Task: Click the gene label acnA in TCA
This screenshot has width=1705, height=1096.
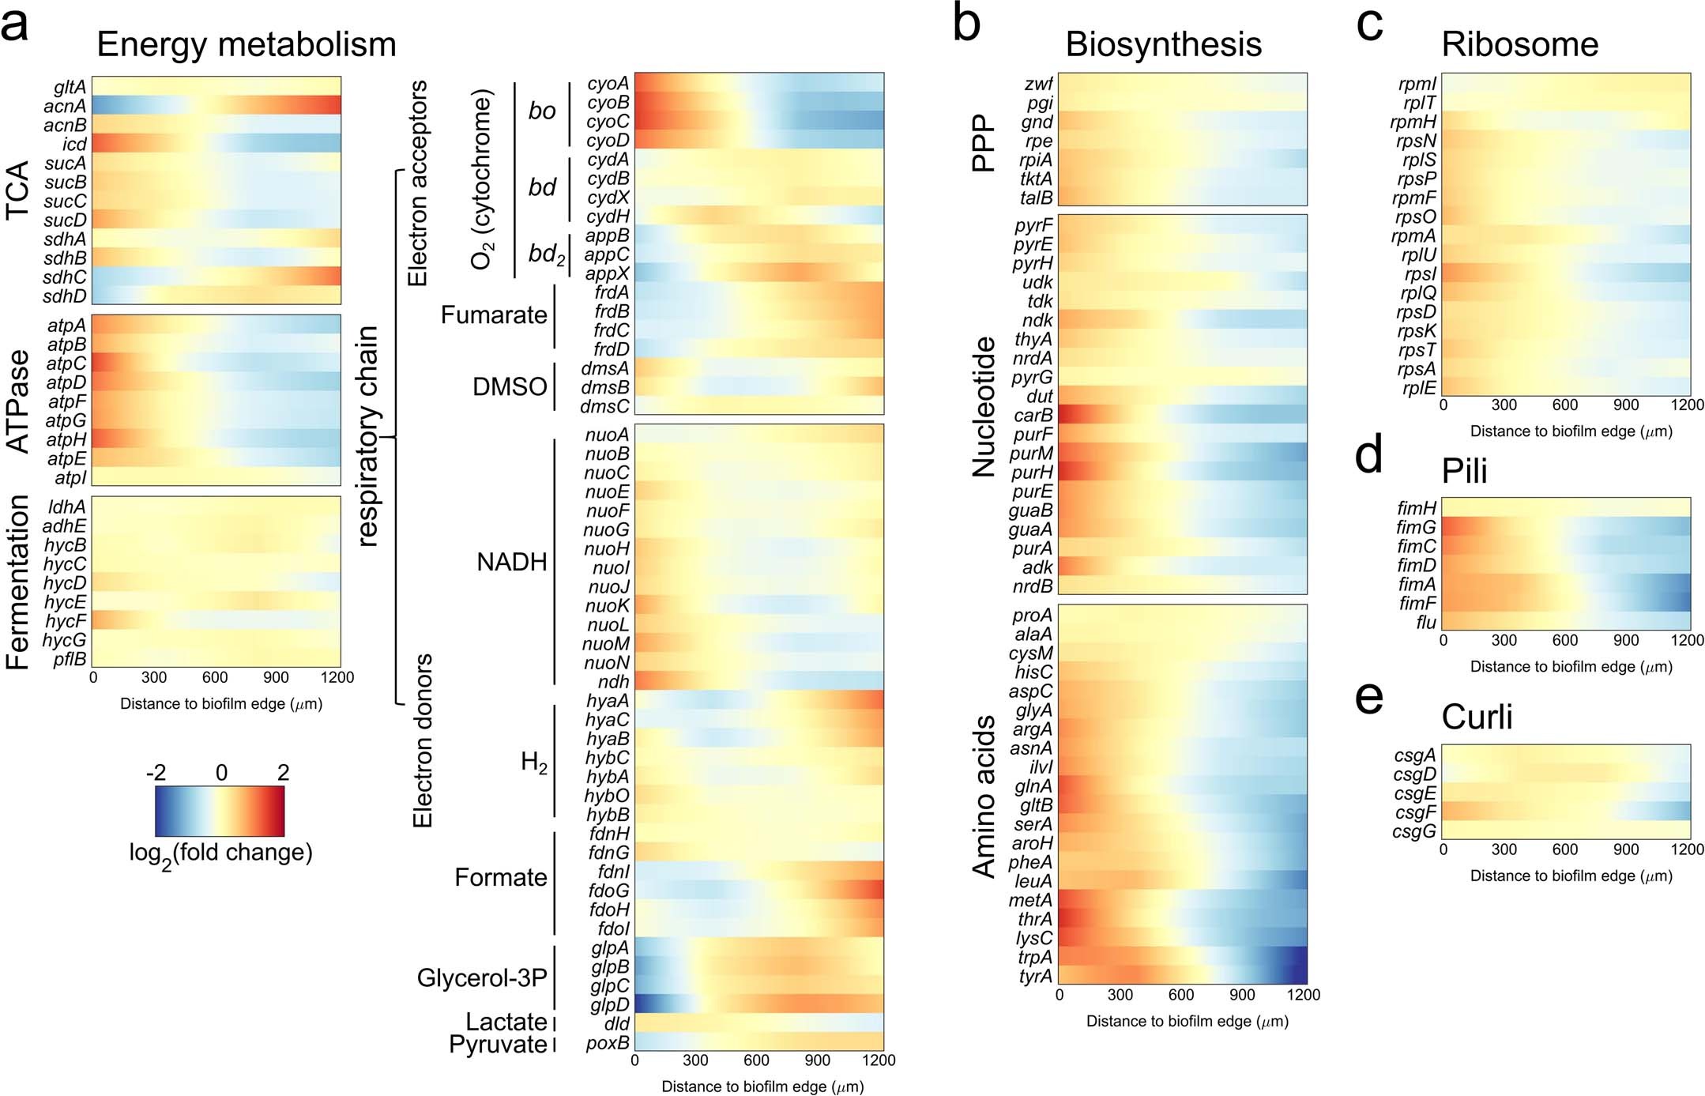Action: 65,106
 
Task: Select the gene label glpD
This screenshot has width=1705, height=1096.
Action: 609,1004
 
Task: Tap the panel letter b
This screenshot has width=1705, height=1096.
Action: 966,24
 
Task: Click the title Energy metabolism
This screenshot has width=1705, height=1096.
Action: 246,44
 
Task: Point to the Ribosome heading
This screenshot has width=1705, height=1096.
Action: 1519,44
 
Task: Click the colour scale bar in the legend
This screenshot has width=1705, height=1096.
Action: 220,811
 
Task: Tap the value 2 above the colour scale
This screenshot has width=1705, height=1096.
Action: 283,772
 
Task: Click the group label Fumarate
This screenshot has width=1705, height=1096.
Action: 494,315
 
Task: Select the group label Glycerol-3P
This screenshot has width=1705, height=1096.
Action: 482,977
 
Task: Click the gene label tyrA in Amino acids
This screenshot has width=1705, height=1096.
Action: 1035,976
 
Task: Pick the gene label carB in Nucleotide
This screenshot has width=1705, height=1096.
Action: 1033,415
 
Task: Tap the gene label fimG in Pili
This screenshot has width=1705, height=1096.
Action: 1416,527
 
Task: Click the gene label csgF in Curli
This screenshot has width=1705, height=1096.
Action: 1415,812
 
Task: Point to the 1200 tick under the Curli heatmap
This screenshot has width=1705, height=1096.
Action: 1686,849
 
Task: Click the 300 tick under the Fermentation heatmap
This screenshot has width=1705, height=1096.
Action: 154,677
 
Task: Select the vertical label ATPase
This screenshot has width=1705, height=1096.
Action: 17,401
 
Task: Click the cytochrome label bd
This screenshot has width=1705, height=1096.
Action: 542,187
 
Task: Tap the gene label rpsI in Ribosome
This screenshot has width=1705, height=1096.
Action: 1420,274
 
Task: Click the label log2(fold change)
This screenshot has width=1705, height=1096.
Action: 220,853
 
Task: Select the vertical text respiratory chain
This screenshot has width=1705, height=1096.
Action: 368,436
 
